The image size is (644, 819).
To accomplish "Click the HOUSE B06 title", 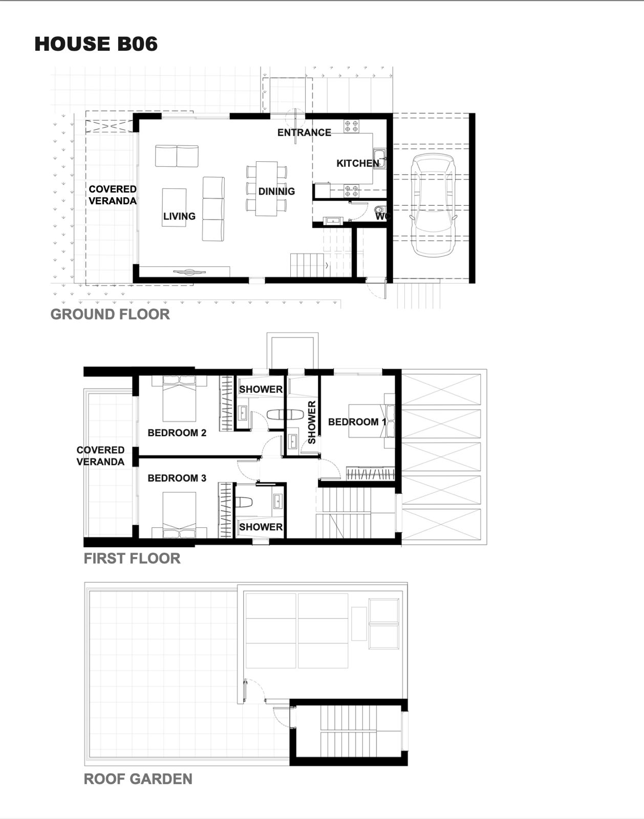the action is pos(96,44).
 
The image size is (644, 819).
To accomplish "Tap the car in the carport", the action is pos(433,205).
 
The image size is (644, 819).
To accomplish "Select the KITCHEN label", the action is pos(358,163).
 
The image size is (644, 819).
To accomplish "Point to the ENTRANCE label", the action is pos(304,133).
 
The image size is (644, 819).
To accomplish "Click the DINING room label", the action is pos(277,191).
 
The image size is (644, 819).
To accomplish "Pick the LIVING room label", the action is pos(179,216).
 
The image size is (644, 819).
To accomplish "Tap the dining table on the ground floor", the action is pos(266,188).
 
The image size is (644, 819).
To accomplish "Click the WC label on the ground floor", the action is pos(382,217).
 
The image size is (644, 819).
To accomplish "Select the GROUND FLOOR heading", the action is pos(110,314).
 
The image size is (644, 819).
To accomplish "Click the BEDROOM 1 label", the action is pos(357,422).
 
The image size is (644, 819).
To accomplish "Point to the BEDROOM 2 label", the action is pos(177,433).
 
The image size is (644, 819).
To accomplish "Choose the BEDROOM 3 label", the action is pos(177,478).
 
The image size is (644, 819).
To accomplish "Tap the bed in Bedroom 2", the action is pos(179,398).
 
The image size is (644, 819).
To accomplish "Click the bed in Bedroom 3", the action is pos(179,515).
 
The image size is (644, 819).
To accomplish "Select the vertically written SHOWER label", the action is pos(312,422).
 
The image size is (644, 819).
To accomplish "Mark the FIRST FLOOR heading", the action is pos(132,558).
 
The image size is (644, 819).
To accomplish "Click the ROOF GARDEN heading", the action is pos(138,779).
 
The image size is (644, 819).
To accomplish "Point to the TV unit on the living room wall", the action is pos(189,272).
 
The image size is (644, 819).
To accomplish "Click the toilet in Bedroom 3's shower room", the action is pos(244,502).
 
